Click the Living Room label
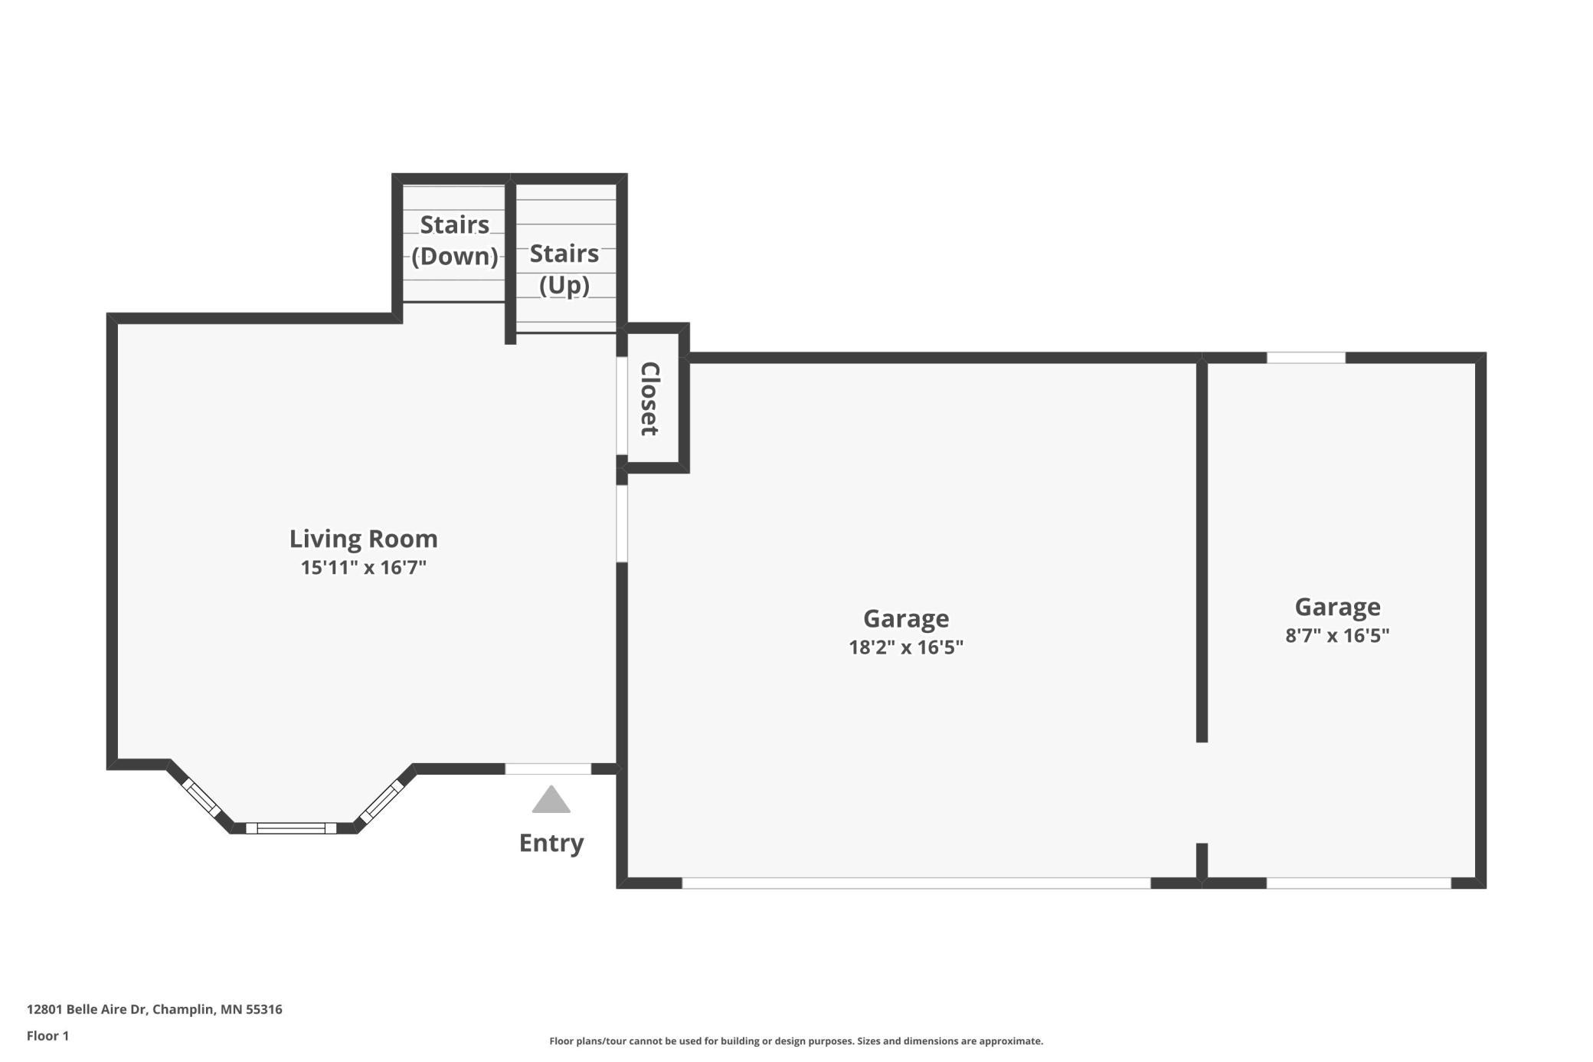point(363,539)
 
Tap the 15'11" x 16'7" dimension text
point(363,568)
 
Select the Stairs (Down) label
point(454,240)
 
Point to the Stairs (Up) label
point(564,269)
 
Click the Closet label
point(650,398)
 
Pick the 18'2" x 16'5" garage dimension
point(906,647)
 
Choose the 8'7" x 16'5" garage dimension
point(1337,635)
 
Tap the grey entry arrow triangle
point(551,799)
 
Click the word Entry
point(551,843)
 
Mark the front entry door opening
point(548,769)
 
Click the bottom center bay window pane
point(291,828)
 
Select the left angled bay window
point(201,798)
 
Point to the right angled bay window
point(381,801)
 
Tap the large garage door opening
point(916,883)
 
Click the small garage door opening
point(1359,883)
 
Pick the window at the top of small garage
point(1306,358)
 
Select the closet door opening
point(622,406)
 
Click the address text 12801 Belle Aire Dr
point(87,1009)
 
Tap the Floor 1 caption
point(47,1036)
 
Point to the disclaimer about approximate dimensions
point(796,1041)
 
